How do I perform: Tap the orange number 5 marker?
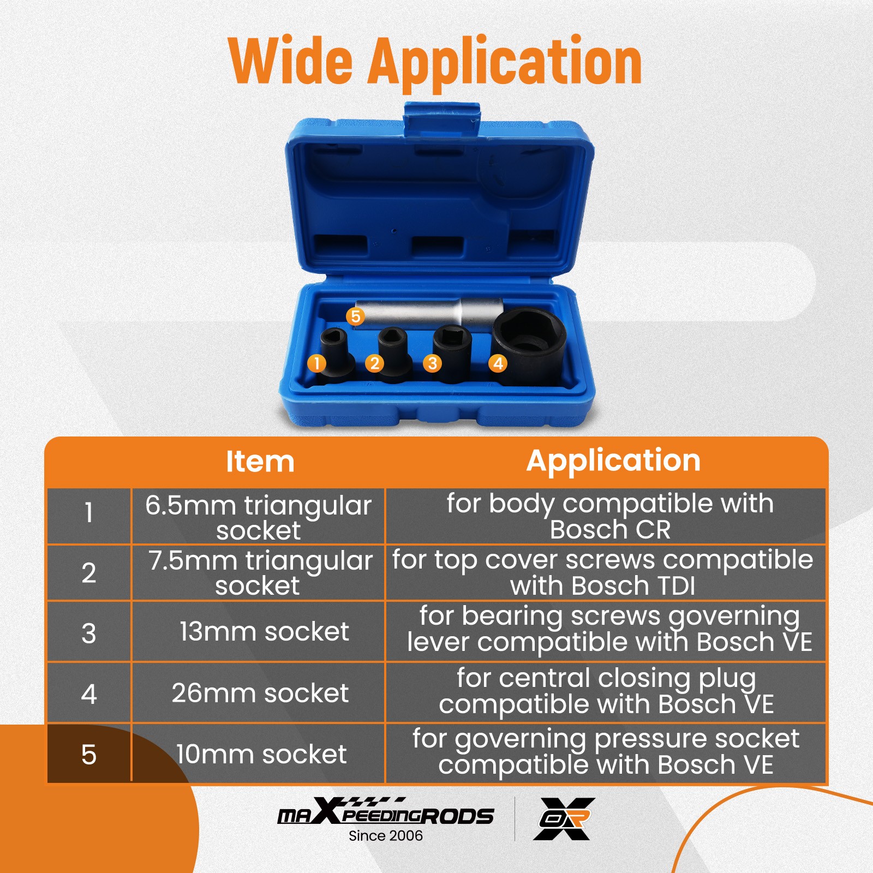(355, 316)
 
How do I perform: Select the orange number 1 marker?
(316, 363)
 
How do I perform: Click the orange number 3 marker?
(432, 363)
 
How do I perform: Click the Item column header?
(260, 462)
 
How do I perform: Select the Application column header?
(613, 461)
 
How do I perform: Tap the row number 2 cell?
(89, 573)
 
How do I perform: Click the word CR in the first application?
(652, 530)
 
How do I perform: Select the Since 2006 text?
(386, 836)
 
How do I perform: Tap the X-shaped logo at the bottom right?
(564, 818)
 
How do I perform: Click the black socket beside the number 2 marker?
(394, 355)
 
